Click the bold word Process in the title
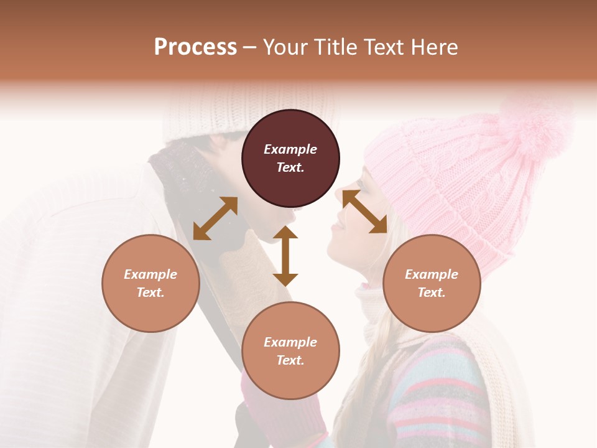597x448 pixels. [195, 47]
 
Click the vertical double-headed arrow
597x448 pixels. [285, 256]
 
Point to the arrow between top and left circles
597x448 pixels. [215, 218]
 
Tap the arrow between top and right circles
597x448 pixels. [364, 212]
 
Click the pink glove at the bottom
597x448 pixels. [280, 417]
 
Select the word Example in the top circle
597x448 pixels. [290, 149]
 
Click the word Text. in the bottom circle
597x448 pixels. [290, 360]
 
